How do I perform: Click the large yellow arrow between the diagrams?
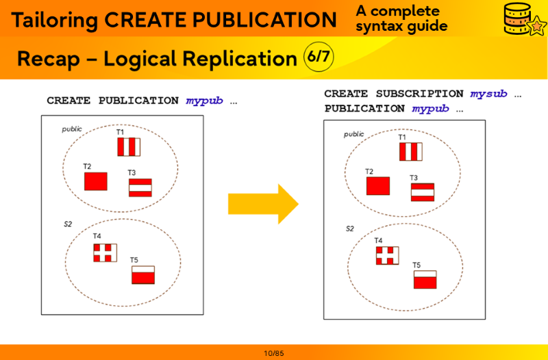click(262, 203)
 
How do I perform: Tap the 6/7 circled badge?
click(319, 57)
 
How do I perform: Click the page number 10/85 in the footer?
click(273, 353)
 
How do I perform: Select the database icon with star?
click(521, 18)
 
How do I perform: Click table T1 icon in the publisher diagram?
click(129, 147)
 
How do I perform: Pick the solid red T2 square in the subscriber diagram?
click(378, 186)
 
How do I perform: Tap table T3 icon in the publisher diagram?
click(140, 188)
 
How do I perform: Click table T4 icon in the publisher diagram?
click(105, 253)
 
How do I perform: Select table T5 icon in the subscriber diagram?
click(425, 279)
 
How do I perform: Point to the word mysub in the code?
click(488, 94)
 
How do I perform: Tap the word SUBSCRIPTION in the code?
click(419, 94)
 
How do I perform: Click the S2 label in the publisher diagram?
click(68, 224)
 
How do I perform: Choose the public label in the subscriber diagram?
click(354, 134)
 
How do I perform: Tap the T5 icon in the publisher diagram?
click(143, 275)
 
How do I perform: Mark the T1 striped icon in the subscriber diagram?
click(411, 152)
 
